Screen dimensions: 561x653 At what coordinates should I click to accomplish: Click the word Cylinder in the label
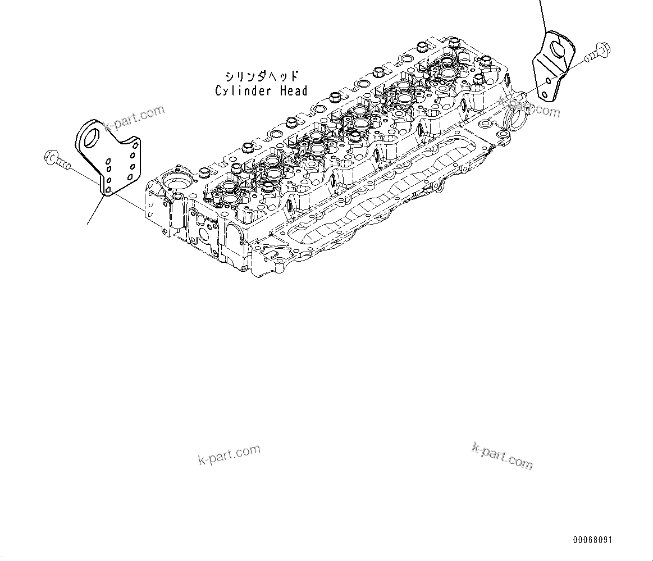point(243,91)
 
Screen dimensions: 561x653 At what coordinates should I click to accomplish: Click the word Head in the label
point(293,91)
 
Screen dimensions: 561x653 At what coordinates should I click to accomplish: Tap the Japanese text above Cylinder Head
point(261,77)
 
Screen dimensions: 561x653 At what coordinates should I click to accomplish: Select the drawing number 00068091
point(592,540)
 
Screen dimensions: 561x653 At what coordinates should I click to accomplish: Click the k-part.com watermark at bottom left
point(229,455)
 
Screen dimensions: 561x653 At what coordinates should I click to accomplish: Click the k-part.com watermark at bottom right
point(503,455)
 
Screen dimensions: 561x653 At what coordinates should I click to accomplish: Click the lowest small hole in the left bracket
point(107,190)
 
